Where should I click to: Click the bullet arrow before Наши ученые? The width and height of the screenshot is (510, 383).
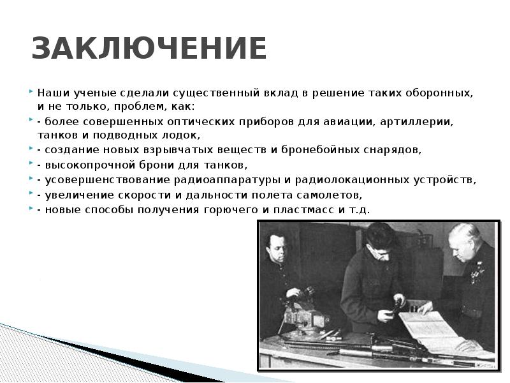[x=31, y=92]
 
